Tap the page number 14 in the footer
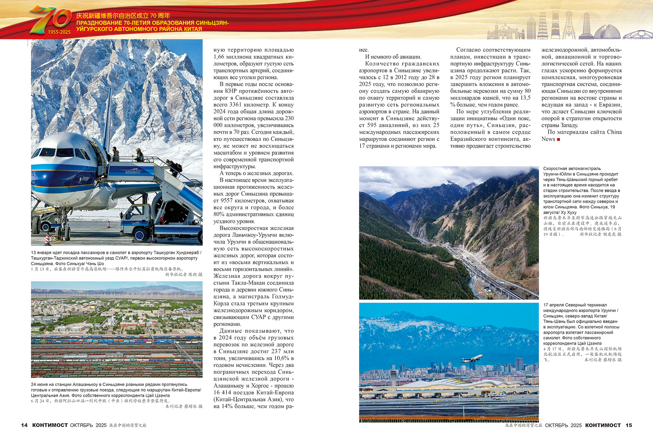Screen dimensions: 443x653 pyautogui.click(x=24, y=425)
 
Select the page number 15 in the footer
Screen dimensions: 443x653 pyautogui.click(x=629, y=425)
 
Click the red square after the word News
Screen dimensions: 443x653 pyautogui.click(x=558, y=139)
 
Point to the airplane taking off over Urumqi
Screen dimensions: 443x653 pyautogui.click(x=471, y=358)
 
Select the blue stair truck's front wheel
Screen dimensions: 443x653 pyautogui.click(x=140, y=235)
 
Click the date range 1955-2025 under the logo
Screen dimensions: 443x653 pyautogui.click(x=59, y=32)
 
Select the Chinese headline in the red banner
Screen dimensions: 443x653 pyautogui.click(x=123, y=16)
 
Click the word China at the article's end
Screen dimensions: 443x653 pyautogui.click(x=614, y=132)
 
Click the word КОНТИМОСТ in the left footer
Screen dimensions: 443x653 pyautogui.click(x=50, y=425)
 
